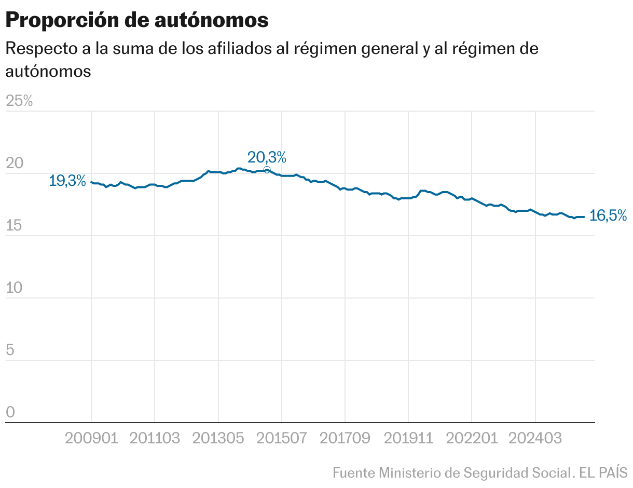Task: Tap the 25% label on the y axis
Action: (x=19, y=101)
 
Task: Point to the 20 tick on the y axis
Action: (x=15, y=164)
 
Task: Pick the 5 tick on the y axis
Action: (x=10, y=350)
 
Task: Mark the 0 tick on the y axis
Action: (x=10, y=413)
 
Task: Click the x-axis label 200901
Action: (x=91, y=438)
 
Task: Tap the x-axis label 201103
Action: (x=155, y=438)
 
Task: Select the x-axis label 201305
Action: (x=218, y=438)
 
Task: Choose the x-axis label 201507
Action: (x=281, y=438)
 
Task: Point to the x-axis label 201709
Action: (x=345, y=438)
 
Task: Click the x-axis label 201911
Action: (x=408, y=438)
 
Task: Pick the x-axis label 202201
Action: (x=472, y=438)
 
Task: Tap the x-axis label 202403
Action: (x=535, y=438)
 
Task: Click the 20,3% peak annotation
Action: (x=267, y=157)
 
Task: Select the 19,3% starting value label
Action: (x=67, y=181)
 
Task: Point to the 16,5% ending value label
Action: (x=608, y=216)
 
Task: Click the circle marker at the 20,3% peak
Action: (x=267, y=170)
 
